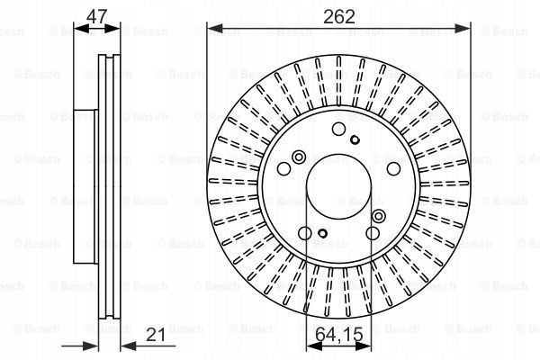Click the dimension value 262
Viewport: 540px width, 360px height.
click(339, 16)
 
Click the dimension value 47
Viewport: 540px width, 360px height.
click(97, 16)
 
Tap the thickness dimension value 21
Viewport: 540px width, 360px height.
click(156, 334)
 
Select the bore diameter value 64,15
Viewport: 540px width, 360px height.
click(339, 334)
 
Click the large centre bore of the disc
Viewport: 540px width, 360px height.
click(339, 186)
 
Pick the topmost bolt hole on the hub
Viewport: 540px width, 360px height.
click(339, 129)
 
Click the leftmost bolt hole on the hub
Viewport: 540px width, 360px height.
click(284, 168)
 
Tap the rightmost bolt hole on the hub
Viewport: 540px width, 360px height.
click(393, 168)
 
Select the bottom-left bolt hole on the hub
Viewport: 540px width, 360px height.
click(305, 233)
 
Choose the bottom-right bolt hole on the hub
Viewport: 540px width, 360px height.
click(373, 233)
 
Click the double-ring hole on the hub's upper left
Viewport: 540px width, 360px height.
click(299, 157)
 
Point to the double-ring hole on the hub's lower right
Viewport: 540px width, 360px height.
click(379, 216)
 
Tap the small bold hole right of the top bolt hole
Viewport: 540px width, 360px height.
click(355, 139)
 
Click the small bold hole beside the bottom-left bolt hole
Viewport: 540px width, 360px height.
click(323, 233)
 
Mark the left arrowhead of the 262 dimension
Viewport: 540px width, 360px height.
click(215, 29)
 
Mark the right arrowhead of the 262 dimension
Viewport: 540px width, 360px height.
click(463, 29)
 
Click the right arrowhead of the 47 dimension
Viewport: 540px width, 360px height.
click(112, 29)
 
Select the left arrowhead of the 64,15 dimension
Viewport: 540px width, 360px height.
click(314, 346)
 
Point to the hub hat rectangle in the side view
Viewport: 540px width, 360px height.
click(85, 186)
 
